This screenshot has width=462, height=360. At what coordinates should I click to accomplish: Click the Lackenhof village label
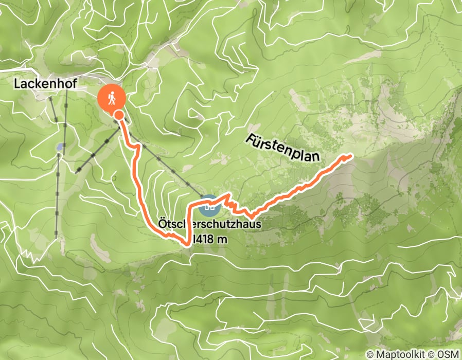tap(42, 83)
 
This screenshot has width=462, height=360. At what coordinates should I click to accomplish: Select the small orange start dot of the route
tap(119, 115)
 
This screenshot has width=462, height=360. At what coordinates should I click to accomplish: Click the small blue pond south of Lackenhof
tap(61, 147)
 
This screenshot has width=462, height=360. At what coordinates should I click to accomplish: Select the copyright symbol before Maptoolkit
tap(370, 354)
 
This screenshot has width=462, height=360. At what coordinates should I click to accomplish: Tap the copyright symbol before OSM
tap(431, 354)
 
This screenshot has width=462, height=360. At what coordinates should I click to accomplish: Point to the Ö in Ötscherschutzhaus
tap(162, 224)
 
